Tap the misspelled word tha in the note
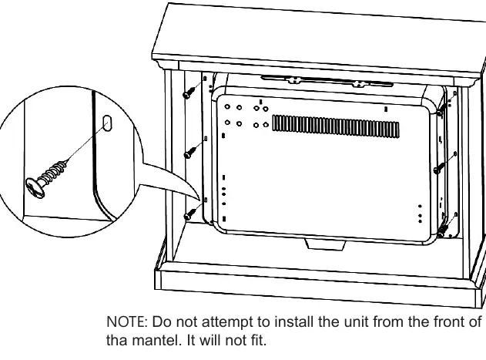116,340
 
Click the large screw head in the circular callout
35,187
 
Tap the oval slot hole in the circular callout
107,123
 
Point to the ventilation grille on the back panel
336,126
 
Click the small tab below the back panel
325,244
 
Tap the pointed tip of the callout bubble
199,200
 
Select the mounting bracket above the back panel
327,82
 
